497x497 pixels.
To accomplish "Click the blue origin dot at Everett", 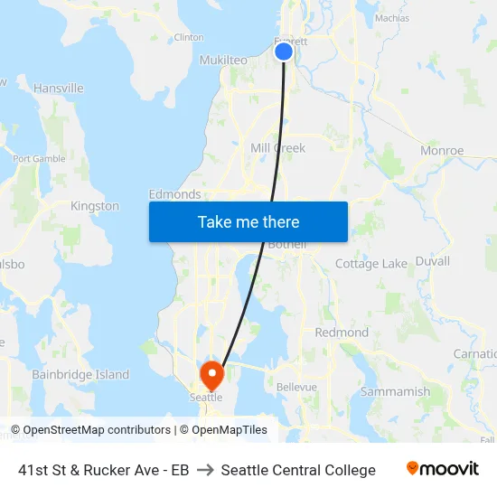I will (284, 52).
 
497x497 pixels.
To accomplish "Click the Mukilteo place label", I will (222, 60).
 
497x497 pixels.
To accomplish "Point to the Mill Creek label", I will (278, 148).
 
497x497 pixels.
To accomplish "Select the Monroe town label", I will (442, 151).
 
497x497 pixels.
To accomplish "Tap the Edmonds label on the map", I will (174, 194).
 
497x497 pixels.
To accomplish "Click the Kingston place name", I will (95, 206).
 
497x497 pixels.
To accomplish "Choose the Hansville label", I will (58, 89).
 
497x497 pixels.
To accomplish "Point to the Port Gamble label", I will (39, 158).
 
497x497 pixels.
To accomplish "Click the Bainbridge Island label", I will (80, 375).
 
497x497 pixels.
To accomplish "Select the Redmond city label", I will (342, 333).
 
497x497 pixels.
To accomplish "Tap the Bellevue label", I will (296, 387).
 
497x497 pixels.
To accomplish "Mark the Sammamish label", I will (395, 392).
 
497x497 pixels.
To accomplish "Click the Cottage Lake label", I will (371, 264).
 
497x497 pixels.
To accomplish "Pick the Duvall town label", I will (432, 261).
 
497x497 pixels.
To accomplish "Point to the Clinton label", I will (188, 37).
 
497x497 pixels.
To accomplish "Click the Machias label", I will (391, 18).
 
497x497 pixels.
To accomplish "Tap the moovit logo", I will (442, 469).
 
